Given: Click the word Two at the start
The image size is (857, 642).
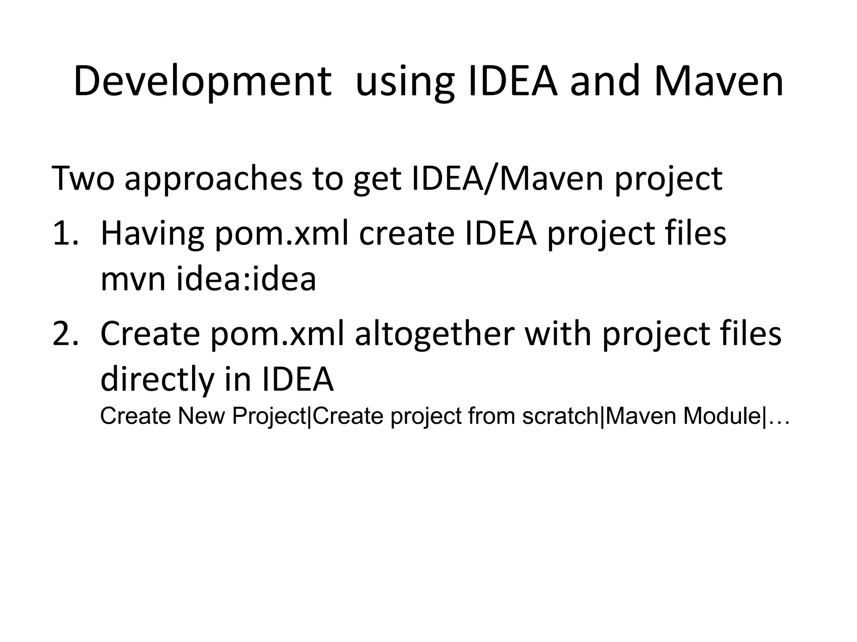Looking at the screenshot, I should click(x=83, y=178).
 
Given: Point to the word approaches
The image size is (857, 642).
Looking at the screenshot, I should click(x=213, y=178).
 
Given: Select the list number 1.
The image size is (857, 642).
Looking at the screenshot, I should click(x=64, y=234).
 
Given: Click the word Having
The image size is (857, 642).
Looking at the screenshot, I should click(x=152, y=234).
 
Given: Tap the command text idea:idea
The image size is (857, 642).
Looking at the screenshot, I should click(x=246, y=279).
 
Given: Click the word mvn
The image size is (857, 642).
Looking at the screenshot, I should click(x=133, y=279).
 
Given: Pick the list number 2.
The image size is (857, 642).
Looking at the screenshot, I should click(x=65, y=334).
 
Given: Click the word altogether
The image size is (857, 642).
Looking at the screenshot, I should click(x=434, y=334).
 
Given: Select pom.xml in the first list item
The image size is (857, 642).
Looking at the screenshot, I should click(x=282, y=234).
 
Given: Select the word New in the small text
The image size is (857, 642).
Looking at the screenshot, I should click(x=202, y=416).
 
